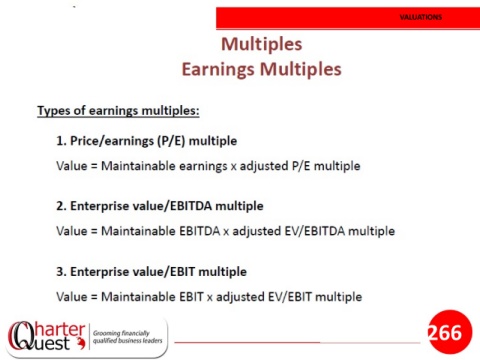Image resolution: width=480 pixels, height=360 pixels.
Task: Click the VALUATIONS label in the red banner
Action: [421, 17]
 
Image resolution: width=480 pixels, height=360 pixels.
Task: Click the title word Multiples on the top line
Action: [262, 45]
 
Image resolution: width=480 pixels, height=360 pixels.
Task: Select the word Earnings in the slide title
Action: [218, 70]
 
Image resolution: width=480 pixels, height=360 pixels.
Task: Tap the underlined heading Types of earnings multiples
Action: [118, 111]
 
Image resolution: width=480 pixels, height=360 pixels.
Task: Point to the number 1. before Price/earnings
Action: [61, 141]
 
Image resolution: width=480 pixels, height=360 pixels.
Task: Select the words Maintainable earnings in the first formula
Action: [164, 166]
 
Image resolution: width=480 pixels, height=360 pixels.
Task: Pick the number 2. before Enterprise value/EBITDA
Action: [62, 206]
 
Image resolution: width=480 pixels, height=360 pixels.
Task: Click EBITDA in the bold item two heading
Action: [191, 206]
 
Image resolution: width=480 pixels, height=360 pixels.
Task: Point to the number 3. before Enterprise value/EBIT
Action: [62, 272]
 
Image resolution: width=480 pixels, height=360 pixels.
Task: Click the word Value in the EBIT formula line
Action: [72, 297]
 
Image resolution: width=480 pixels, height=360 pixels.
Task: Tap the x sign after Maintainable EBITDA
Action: [226, 232]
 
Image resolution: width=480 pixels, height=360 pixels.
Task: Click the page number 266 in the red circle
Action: [445, 332]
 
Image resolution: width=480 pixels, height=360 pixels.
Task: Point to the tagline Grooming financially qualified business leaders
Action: [127, 337]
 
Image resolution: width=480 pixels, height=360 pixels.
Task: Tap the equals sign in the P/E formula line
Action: [94, 166]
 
